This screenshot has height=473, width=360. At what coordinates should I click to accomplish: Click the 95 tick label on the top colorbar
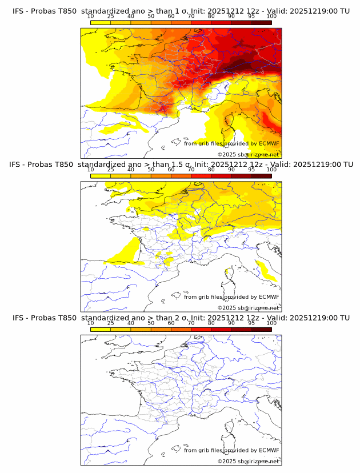pos(251,16)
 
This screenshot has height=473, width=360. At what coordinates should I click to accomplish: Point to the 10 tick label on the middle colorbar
pos(91,170)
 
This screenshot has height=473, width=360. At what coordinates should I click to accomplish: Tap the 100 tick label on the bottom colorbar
pos(271,323)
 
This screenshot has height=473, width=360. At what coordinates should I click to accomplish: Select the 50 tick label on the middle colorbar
pos(151,170)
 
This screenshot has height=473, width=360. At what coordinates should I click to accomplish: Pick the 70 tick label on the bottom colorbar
pos(191,323)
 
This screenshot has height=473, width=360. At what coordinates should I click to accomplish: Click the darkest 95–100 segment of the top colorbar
pos(261,22)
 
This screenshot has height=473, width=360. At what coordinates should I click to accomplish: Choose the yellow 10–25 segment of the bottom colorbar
pos(101,329)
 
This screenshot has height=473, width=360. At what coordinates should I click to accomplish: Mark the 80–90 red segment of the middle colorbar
pos(221,176)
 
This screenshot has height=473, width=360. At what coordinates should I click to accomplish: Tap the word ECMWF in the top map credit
pos(269,143)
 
